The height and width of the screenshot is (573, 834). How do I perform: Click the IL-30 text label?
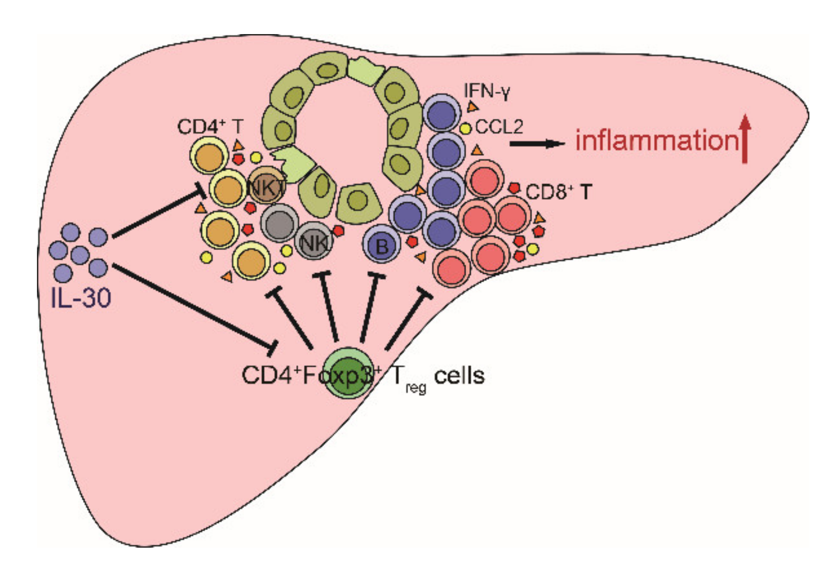pos(81,298)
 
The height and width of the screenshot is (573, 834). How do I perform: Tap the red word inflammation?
pos(656,141)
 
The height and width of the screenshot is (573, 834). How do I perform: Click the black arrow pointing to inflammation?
pos(538,143)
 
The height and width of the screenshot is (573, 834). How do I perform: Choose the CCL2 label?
pos(499,127)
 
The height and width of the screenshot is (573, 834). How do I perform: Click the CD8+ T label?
pos(559,192)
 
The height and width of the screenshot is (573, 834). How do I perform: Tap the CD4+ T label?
pos(210,127)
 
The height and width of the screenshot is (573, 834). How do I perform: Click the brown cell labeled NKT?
pos(266,187)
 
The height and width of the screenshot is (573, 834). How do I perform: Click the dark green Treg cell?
pos(349,372)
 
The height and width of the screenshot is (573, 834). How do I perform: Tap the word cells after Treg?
pos(459,376)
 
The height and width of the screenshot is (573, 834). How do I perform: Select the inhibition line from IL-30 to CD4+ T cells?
pos(156,214)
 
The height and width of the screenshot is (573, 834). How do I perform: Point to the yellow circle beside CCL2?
pos(466,128)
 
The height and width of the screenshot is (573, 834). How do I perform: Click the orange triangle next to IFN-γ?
pos(472,107)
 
